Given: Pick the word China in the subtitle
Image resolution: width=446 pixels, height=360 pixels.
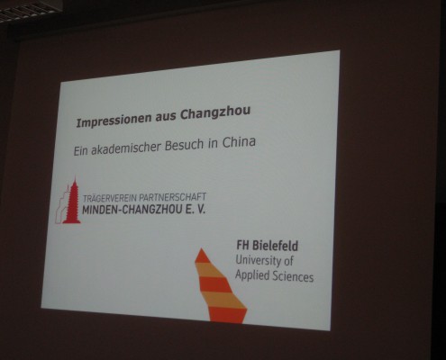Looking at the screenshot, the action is (239, 142).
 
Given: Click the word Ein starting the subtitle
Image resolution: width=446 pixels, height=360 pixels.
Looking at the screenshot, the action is (80, 150).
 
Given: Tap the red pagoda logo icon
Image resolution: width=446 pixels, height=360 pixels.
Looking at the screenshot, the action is (68, 201).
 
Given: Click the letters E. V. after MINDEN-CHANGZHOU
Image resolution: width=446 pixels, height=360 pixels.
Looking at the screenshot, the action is (196, 209).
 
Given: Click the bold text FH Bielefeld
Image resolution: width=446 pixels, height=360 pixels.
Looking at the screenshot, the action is (267, 246).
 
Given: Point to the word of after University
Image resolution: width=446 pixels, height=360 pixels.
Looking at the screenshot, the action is (288, 261).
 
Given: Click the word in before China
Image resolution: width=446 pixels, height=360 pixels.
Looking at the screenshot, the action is (213, 143).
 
